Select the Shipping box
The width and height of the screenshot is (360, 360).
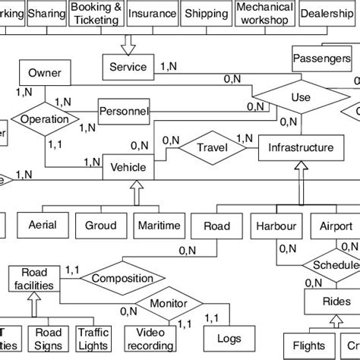[206, 14]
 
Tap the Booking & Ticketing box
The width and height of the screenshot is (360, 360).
[96, 14]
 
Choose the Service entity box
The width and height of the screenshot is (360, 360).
[128, 67]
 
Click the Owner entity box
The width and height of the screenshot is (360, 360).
[45, 73]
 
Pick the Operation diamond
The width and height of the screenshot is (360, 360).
[45, 120]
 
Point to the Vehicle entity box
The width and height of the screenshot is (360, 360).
[128, 166]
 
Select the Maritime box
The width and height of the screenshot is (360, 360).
[159, 226]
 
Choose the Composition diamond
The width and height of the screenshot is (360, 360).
[117, 279]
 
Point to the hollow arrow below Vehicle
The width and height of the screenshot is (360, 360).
[137, 195]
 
